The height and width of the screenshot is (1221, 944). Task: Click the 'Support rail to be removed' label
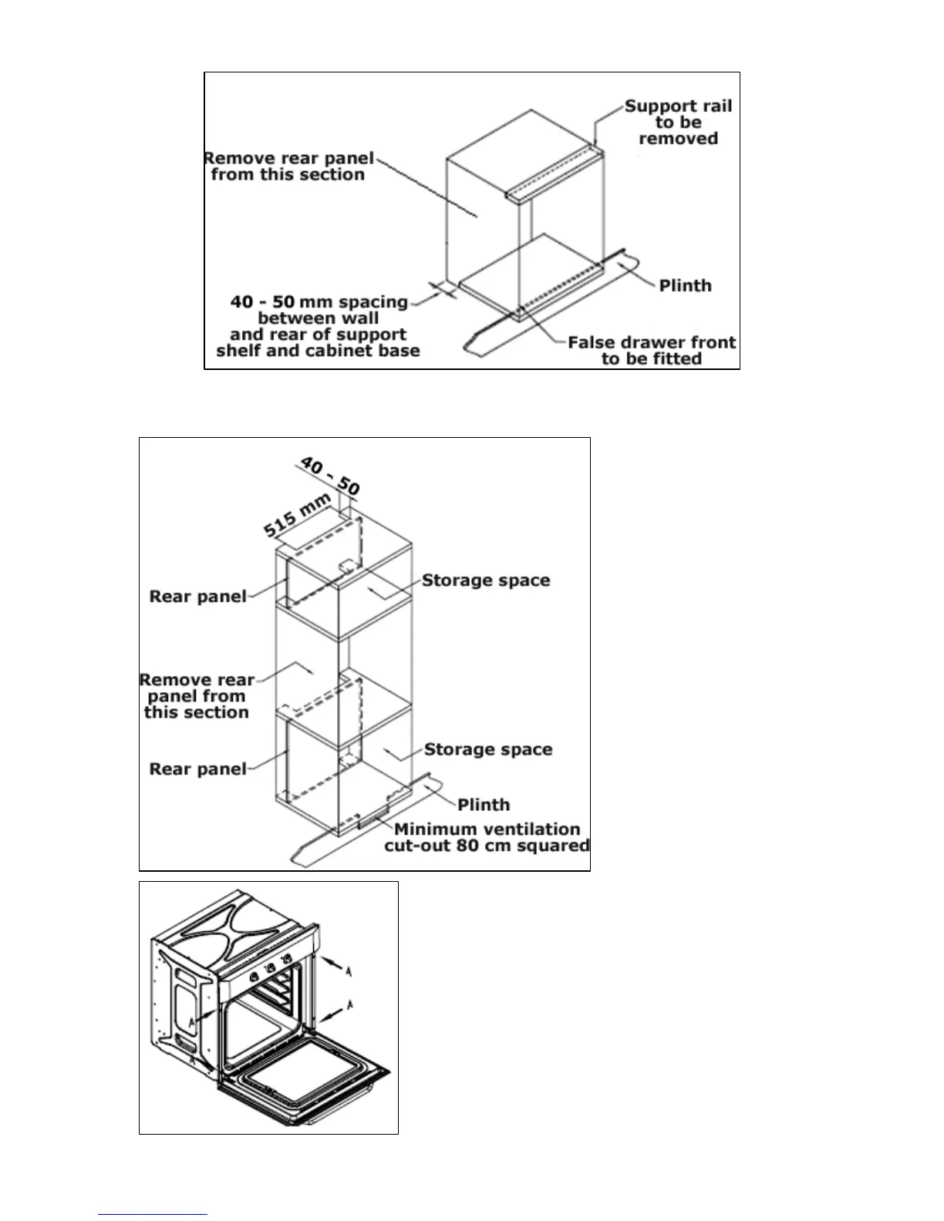678,123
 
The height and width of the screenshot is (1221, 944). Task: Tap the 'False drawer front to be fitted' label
652,351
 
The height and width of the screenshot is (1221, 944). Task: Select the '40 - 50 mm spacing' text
319,302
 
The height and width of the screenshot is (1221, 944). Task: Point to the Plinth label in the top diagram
685,286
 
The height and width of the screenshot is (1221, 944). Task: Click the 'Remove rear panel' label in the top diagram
288,166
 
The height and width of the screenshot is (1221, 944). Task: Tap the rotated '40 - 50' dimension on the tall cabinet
329,476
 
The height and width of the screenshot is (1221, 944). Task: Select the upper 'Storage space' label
486,580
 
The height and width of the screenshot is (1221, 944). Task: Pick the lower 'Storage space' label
488,749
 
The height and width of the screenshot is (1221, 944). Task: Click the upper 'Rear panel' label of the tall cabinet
197,597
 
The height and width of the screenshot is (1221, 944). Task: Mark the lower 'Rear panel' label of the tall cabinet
197,769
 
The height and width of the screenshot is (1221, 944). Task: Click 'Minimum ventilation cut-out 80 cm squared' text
487,838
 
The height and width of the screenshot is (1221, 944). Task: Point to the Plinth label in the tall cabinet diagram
484,805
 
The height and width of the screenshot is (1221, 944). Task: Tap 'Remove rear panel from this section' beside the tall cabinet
197,696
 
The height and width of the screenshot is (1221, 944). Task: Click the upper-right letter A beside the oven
349,973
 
